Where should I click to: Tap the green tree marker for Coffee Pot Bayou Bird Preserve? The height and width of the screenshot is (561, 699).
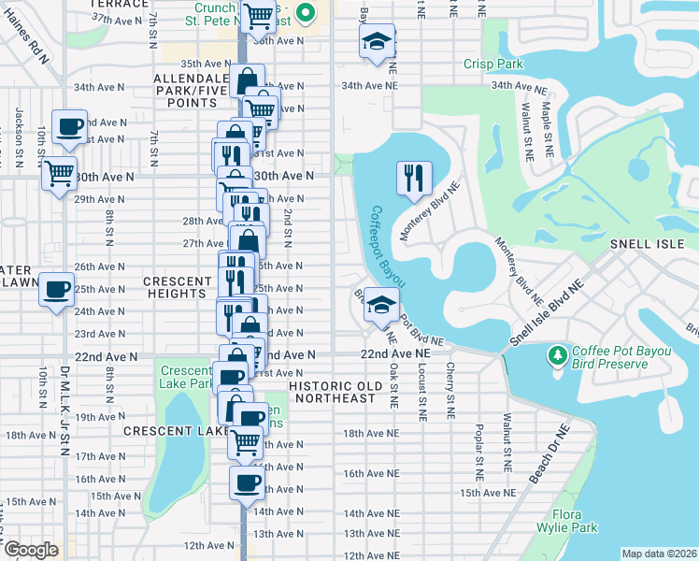558,355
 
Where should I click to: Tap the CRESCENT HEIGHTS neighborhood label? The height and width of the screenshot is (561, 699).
178,287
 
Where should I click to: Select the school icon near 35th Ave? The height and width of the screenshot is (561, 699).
377,42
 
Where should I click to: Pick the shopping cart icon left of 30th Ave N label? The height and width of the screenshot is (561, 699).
59,171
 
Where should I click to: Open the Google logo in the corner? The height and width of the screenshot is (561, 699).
31,550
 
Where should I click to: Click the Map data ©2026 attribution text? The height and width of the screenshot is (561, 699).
659,554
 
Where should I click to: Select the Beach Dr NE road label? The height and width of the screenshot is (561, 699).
549,454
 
